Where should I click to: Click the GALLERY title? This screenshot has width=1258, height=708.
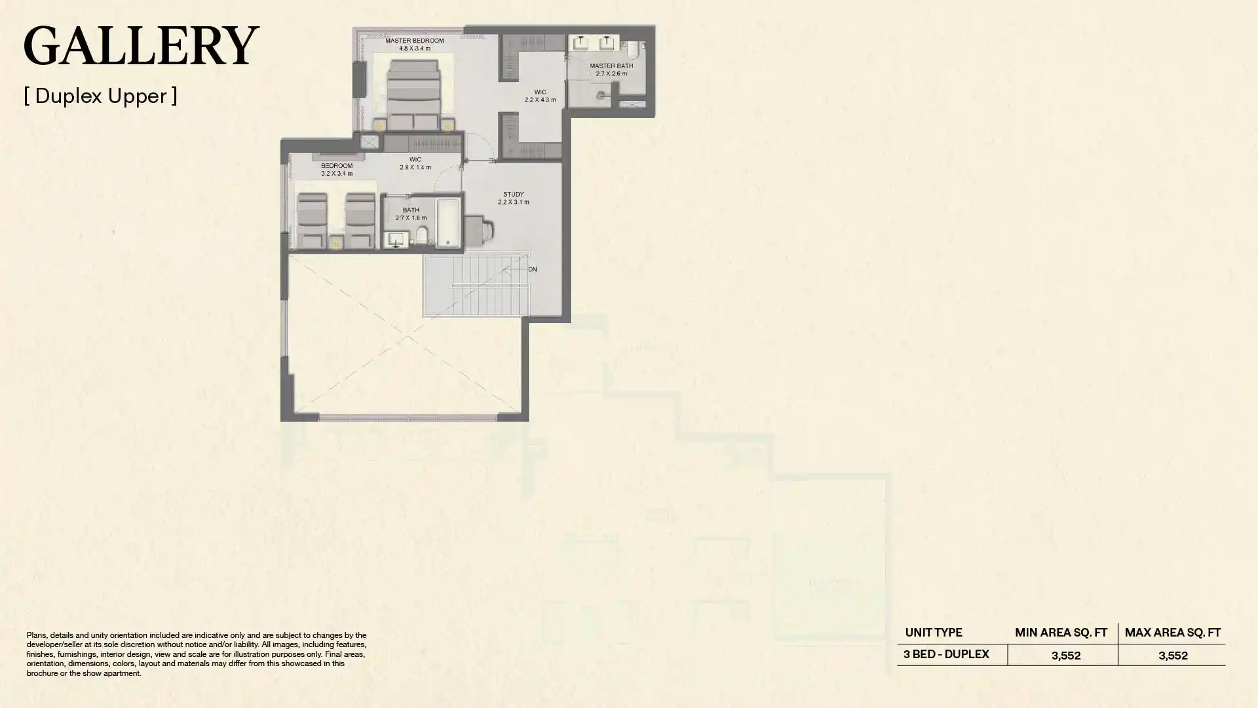tap(141, 46)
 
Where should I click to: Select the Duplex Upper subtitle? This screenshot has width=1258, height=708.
tap(100, 96)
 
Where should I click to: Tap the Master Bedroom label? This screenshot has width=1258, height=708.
tap(414, 44)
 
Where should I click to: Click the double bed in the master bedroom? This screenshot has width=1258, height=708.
tap(413, 92)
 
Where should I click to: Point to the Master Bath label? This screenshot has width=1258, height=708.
tap(611, 69)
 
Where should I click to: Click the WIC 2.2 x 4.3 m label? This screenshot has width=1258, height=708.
tap(540, 96)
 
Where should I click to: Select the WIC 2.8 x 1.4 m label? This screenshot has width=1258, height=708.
tap(415, 163)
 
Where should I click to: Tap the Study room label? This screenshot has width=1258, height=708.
tap(513, 198)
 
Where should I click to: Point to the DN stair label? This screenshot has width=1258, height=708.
tap(532, 269)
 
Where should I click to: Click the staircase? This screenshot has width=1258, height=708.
tap(476, 286)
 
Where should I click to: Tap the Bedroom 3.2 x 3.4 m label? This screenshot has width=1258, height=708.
tap(337, 169)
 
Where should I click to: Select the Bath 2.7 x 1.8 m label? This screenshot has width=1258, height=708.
tap(411, 214)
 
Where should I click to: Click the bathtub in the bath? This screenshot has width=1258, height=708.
tap(449, 224)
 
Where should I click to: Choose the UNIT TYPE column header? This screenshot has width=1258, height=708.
tap(933, 633)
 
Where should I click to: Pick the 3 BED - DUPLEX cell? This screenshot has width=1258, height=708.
tap(946, 654)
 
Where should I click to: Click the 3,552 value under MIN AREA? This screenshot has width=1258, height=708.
tap(1065, 656)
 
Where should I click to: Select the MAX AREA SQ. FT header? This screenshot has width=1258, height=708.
tap(1172, 633)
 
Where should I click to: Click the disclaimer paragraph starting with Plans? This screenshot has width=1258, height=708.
tap(197, 654)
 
